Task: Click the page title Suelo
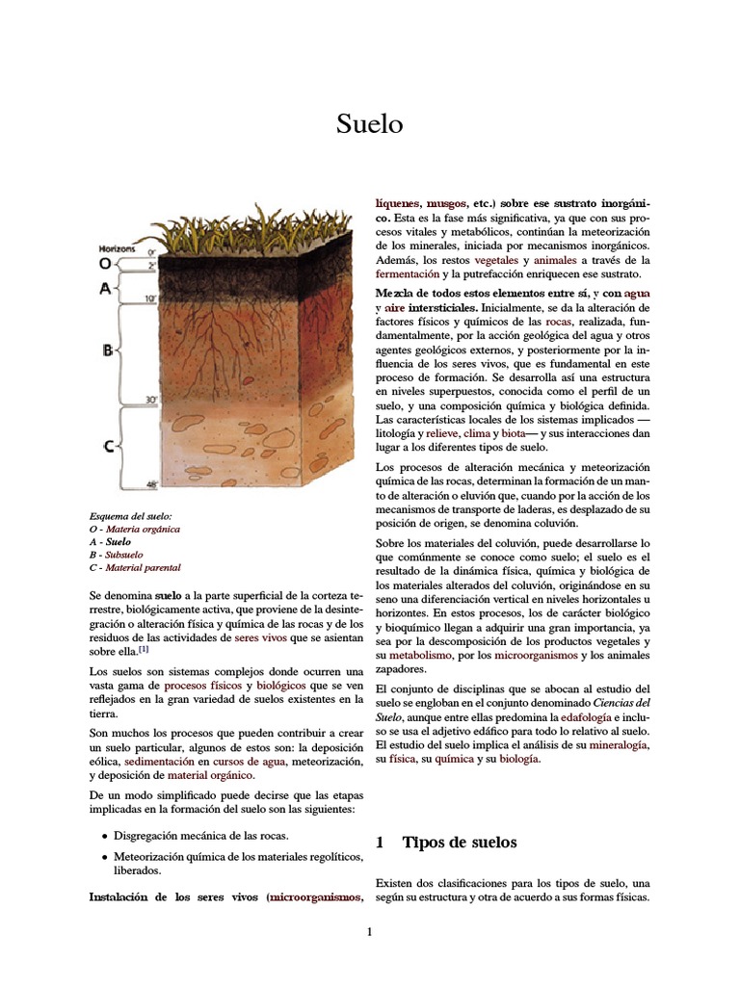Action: pyautogui.click(x=369, y=124)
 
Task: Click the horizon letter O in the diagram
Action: pyautogui.click(x=105, y=263)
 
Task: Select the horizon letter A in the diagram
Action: pyautogui.click(x=105, y=288)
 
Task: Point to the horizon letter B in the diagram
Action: pyautogui.click(x=108, y=350)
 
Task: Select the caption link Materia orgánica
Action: pyautogui.click(x=143, y=529)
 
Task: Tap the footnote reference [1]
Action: pyautogui.click(x=144, y=649)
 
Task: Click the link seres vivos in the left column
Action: pyautogui.click(x=258, y=637)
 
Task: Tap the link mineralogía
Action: pyautogui.click(x=618, y=745)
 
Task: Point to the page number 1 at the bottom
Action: pyautogui.click(x=369, y=932)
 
